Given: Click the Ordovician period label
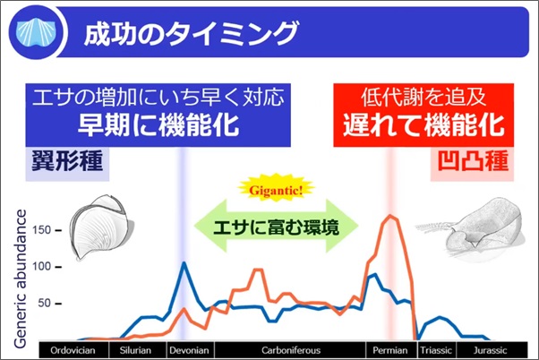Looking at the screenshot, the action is [x=73, y=350].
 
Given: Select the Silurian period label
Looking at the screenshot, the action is [x=135, y=350].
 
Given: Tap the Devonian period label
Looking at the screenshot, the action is [x=189, y=350].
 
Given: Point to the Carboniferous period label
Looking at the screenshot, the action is [x=291, y=350].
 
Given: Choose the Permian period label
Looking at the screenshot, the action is [x=390, y=350].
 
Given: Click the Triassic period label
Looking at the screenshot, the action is [x=436, y=350].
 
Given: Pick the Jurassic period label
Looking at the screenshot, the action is [x=490, y=350].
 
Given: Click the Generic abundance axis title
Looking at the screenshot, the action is [x=21, y=279].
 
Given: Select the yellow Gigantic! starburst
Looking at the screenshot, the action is [x=276, y=190].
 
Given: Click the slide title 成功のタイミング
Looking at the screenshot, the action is [x=192, y=33].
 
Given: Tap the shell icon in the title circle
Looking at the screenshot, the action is [x=36, y=33].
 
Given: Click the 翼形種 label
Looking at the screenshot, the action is [x=67, y=161].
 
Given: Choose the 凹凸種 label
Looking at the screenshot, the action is [x=473, y=160].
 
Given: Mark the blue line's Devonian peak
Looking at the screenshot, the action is [x=184, y=262].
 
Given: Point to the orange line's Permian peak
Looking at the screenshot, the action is [x=390, y=216].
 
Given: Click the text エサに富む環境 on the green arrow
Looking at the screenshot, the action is [x=276, y=227].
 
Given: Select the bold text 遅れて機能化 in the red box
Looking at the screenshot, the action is [x=423, y=125].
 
